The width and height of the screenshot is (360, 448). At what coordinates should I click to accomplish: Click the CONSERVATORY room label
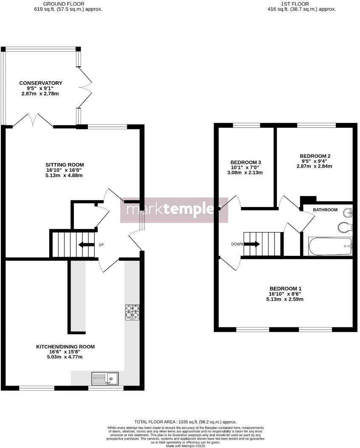click(x=41, y=83)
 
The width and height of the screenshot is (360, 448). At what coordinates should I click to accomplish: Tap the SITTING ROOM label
click(x=65, y=165)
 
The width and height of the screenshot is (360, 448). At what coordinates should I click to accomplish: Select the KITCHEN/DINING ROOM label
click(x=65, y=347)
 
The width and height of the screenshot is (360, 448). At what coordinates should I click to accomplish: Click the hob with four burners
click(x=132, y=312)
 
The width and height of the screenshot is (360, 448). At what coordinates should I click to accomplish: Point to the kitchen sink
click(x=105, y=378)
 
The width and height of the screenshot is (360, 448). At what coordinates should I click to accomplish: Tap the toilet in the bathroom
click(x=345, y=228)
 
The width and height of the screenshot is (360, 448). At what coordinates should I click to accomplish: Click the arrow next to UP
click(x=87, y=244)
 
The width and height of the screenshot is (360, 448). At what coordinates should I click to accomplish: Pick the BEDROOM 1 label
click(x=285, y=288)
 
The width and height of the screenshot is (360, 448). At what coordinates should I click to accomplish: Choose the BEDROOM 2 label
click(x=314, y=156)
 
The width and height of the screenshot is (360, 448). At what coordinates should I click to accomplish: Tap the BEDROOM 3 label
click(x=245, y=162)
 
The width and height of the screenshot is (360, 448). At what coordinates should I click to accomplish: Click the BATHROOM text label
click(x=325, y=210)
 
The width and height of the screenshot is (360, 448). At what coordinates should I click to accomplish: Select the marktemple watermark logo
click(x=174, y=210)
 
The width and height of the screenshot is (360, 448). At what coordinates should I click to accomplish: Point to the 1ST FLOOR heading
click(x=301, y=4)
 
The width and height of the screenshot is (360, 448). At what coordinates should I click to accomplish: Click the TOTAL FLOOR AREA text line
click(x=186, y=422)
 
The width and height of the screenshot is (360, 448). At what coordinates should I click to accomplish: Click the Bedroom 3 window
click(x=246, y=125)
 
